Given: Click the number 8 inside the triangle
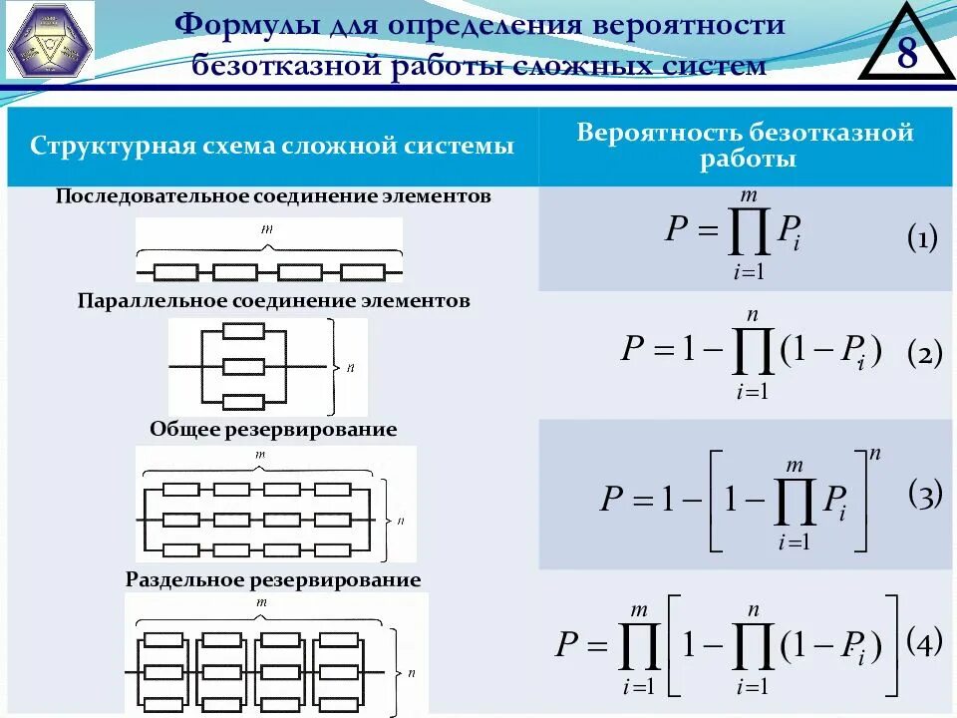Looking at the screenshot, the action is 906,53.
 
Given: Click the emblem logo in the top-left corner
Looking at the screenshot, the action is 50,40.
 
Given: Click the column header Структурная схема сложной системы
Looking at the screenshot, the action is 272,147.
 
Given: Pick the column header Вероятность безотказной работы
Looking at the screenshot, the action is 746,146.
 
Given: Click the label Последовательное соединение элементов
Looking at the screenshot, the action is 273,196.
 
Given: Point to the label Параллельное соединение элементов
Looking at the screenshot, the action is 273,300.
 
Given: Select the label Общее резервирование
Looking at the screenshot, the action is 273,429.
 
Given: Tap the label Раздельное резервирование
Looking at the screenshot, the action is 273,579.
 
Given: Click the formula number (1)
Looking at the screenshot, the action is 921,238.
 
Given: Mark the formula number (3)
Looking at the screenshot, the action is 924,496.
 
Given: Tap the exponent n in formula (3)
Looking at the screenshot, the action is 875,454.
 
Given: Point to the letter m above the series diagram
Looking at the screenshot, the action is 267,229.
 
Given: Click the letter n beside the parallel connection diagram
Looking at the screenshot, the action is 350,368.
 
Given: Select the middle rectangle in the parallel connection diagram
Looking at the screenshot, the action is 243,367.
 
